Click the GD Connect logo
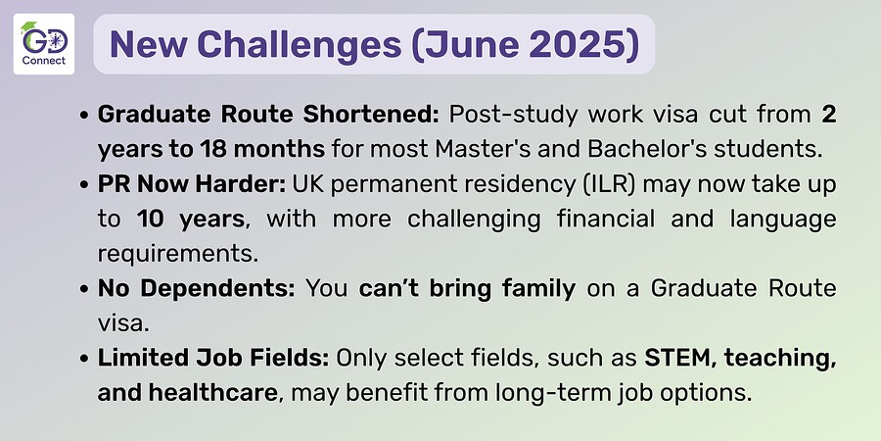point(44,44)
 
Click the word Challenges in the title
point(300,44)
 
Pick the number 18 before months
point(212,149)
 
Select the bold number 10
point(150,219)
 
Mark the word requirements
point(178,254)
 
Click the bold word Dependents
point(217,288)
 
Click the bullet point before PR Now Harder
point(84,185)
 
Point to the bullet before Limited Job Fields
point(84,360)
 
